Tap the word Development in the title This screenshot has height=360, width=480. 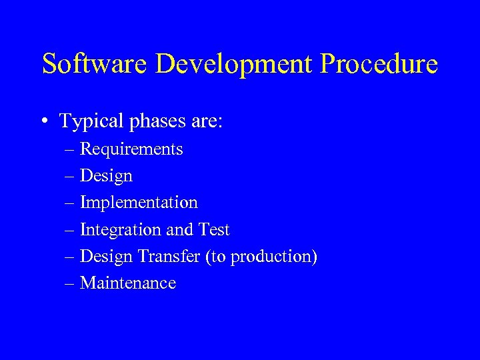(x=233, y=64)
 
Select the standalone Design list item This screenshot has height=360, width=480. (x=106, y=177)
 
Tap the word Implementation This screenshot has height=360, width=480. (x=139, y=203)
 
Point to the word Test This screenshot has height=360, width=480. (x=213, y=230)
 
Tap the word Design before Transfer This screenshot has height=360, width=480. (x=106, y=257)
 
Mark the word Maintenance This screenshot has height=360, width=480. (x=128, y=283)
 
